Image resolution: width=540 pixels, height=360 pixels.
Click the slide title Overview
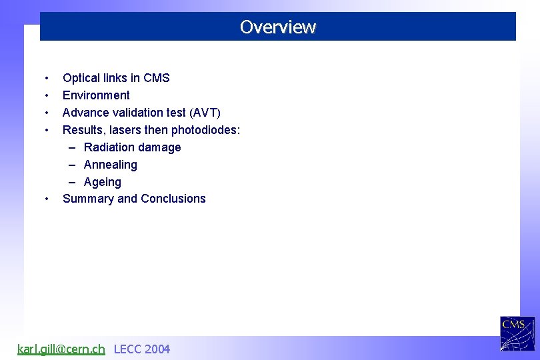tap(277, 27)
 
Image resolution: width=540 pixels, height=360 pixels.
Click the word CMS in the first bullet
tap(157, 78)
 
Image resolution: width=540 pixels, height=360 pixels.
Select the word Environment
tap(96, 95)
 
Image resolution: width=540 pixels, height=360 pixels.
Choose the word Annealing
tap(111, 165)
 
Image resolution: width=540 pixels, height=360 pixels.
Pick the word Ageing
tap(103, 182)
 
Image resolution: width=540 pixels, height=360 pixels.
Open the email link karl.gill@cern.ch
tap(61, 349)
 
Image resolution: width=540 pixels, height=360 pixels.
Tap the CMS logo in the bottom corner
tap(517, 333)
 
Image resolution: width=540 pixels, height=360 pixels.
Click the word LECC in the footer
tap(127, 349)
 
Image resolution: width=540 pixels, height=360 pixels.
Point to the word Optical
tap(82, 78)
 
